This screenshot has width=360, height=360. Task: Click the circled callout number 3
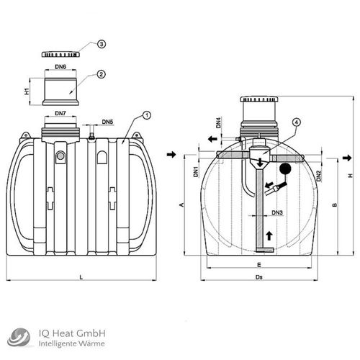pos(102,45)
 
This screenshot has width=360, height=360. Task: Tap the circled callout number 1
pos(147,115)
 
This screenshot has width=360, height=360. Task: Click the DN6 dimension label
pos(61,67)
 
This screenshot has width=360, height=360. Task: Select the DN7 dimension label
pos(61,114)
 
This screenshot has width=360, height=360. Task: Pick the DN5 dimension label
pos(107,122)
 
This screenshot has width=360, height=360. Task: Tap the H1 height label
pos(26,92)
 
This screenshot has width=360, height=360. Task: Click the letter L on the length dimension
pos(81,276)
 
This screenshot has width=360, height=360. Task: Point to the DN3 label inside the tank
pos(276,212)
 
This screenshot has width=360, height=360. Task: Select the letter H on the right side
pos(349,176)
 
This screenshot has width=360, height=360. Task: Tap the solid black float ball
pos(285,171)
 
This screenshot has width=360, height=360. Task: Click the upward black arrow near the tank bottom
pos(270,235)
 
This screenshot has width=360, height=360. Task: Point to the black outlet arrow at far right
pos(347,156)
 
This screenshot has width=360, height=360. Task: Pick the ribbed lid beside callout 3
pos(61,55)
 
